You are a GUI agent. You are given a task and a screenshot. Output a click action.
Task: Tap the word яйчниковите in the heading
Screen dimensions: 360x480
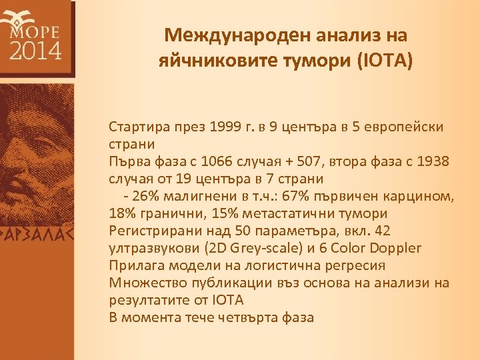pyautogui.click(x=212, y=62)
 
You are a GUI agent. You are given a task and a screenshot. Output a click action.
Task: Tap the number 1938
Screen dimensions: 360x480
pyautogui.click(x=433, y=161)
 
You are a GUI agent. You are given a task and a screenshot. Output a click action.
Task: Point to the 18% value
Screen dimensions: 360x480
pyautogui.click(x=122, y=213)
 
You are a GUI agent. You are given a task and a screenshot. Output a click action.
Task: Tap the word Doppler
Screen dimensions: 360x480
pyautogui.click(x=391, y=248)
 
